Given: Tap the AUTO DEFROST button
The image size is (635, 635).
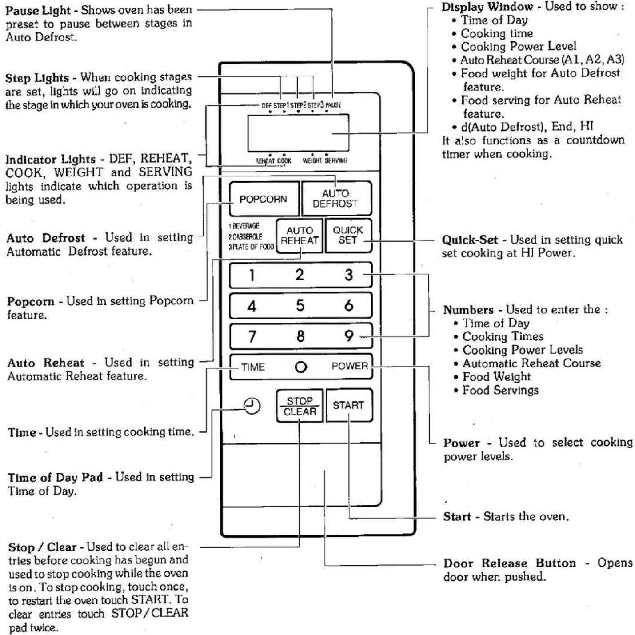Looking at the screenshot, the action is pos(336,198).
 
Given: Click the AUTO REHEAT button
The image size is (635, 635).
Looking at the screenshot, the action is pos(299,236).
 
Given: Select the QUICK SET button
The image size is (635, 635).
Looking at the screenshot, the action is pos(348,235).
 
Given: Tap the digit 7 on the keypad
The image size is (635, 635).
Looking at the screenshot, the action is pos(252,336).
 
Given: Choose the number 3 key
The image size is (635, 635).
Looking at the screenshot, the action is pos(349,275).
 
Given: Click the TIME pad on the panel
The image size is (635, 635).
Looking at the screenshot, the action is pos(253,367).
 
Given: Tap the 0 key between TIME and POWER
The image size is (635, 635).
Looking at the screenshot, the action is pos(300,367).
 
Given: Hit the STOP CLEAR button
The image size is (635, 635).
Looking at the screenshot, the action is pos(299,406).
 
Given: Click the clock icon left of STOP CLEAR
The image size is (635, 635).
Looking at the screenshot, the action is pos(252,406).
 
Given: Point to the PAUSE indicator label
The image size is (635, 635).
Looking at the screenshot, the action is pos(333,105).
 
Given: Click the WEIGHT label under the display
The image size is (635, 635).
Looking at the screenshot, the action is pos(312,160).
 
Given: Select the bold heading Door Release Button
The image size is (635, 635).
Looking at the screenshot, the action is pos(509,563).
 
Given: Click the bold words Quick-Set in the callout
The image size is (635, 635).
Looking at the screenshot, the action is pos(470,240).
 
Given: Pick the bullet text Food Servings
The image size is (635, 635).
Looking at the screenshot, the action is pos(500,391).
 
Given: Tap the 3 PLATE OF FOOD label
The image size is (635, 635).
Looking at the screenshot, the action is pos(251,247).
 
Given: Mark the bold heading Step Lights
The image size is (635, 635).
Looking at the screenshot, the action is pos(37,78).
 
